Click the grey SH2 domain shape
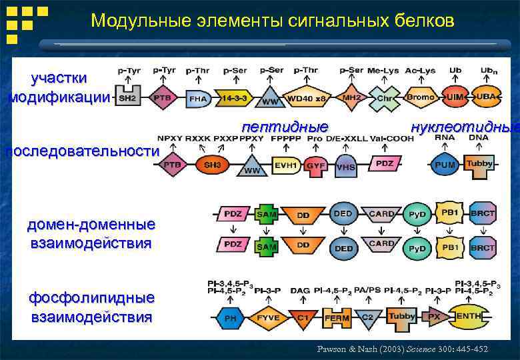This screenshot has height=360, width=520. click(128, 97)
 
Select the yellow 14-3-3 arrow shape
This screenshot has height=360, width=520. click(235, 98)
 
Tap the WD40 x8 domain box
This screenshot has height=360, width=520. click(306, 98)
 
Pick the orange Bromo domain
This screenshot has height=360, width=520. click(420, 97)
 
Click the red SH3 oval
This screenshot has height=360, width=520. click(212, 164)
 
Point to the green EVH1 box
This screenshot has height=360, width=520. click(285, 164)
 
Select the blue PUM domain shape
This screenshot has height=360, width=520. click(445, 164)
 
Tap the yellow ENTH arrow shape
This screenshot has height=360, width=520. click(472, 317)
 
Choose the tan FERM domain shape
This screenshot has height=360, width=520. click(337, 317)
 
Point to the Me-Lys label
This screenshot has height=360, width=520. click(383, 71)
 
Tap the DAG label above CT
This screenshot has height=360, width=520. click(300, 291)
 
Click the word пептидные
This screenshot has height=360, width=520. click(285, 127)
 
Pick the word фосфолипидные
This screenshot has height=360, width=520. click(91, 297)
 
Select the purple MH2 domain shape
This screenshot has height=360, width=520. click(351, 97)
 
